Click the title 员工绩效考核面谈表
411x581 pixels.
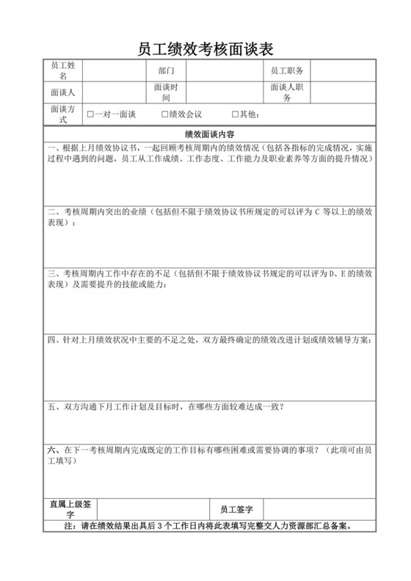pos(205,49)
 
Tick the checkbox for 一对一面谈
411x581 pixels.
pos(90,115)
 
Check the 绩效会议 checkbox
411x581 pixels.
pos(164,115)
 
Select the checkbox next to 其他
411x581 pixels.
pos(235,115)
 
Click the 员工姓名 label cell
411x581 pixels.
pos(62,70)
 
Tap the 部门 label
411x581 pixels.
pos(165,71)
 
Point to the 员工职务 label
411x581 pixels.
pos(287,71)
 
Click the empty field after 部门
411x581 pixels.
pos(224,71)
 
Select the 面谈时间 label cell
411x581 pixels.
pos(165,92)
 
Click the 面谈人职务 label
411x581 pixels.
pos(287,92)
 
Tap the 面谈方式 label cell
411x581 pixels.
pos(62,114)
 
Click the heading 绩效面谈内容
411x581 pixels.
pos(209,135)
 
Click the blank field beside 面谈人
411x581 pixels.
pos(114,92)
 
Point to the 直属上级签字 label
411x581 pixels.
pos(70,509)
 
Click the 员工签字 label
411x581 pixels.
pos(236,509)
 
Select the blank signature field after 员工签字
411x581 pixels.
pos(319,509)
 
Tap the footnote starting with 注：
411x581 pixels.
pos(209,526)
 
